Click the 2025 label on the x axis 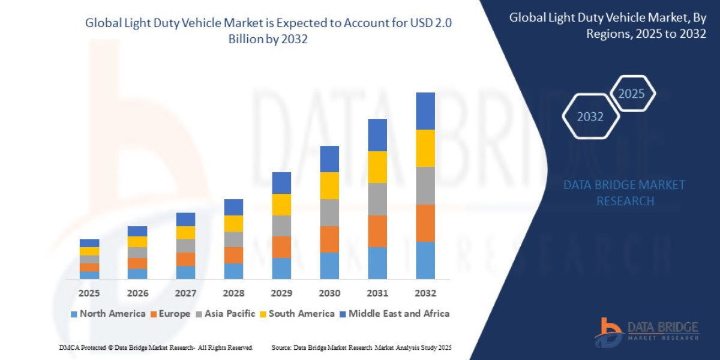click(89, 293)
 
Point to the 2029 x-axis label click(281, 293)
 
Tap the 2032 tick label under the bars click(425, 293)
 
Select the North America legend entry click(108, 314)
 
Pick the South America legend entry click(296, 314)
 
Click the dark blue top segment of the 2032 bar click(425, 111)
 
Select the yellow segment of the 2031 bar click(377, 167)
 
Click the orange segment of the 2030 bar click(329, 239)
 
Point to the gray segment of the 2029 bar click(281, 226)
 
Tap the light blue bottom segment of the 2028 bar click(233, 271)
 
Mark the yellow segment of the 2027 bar click(185, 232)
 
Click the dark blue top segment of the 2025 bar click(89, 243)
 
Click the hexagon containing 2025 click(632, 94)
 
